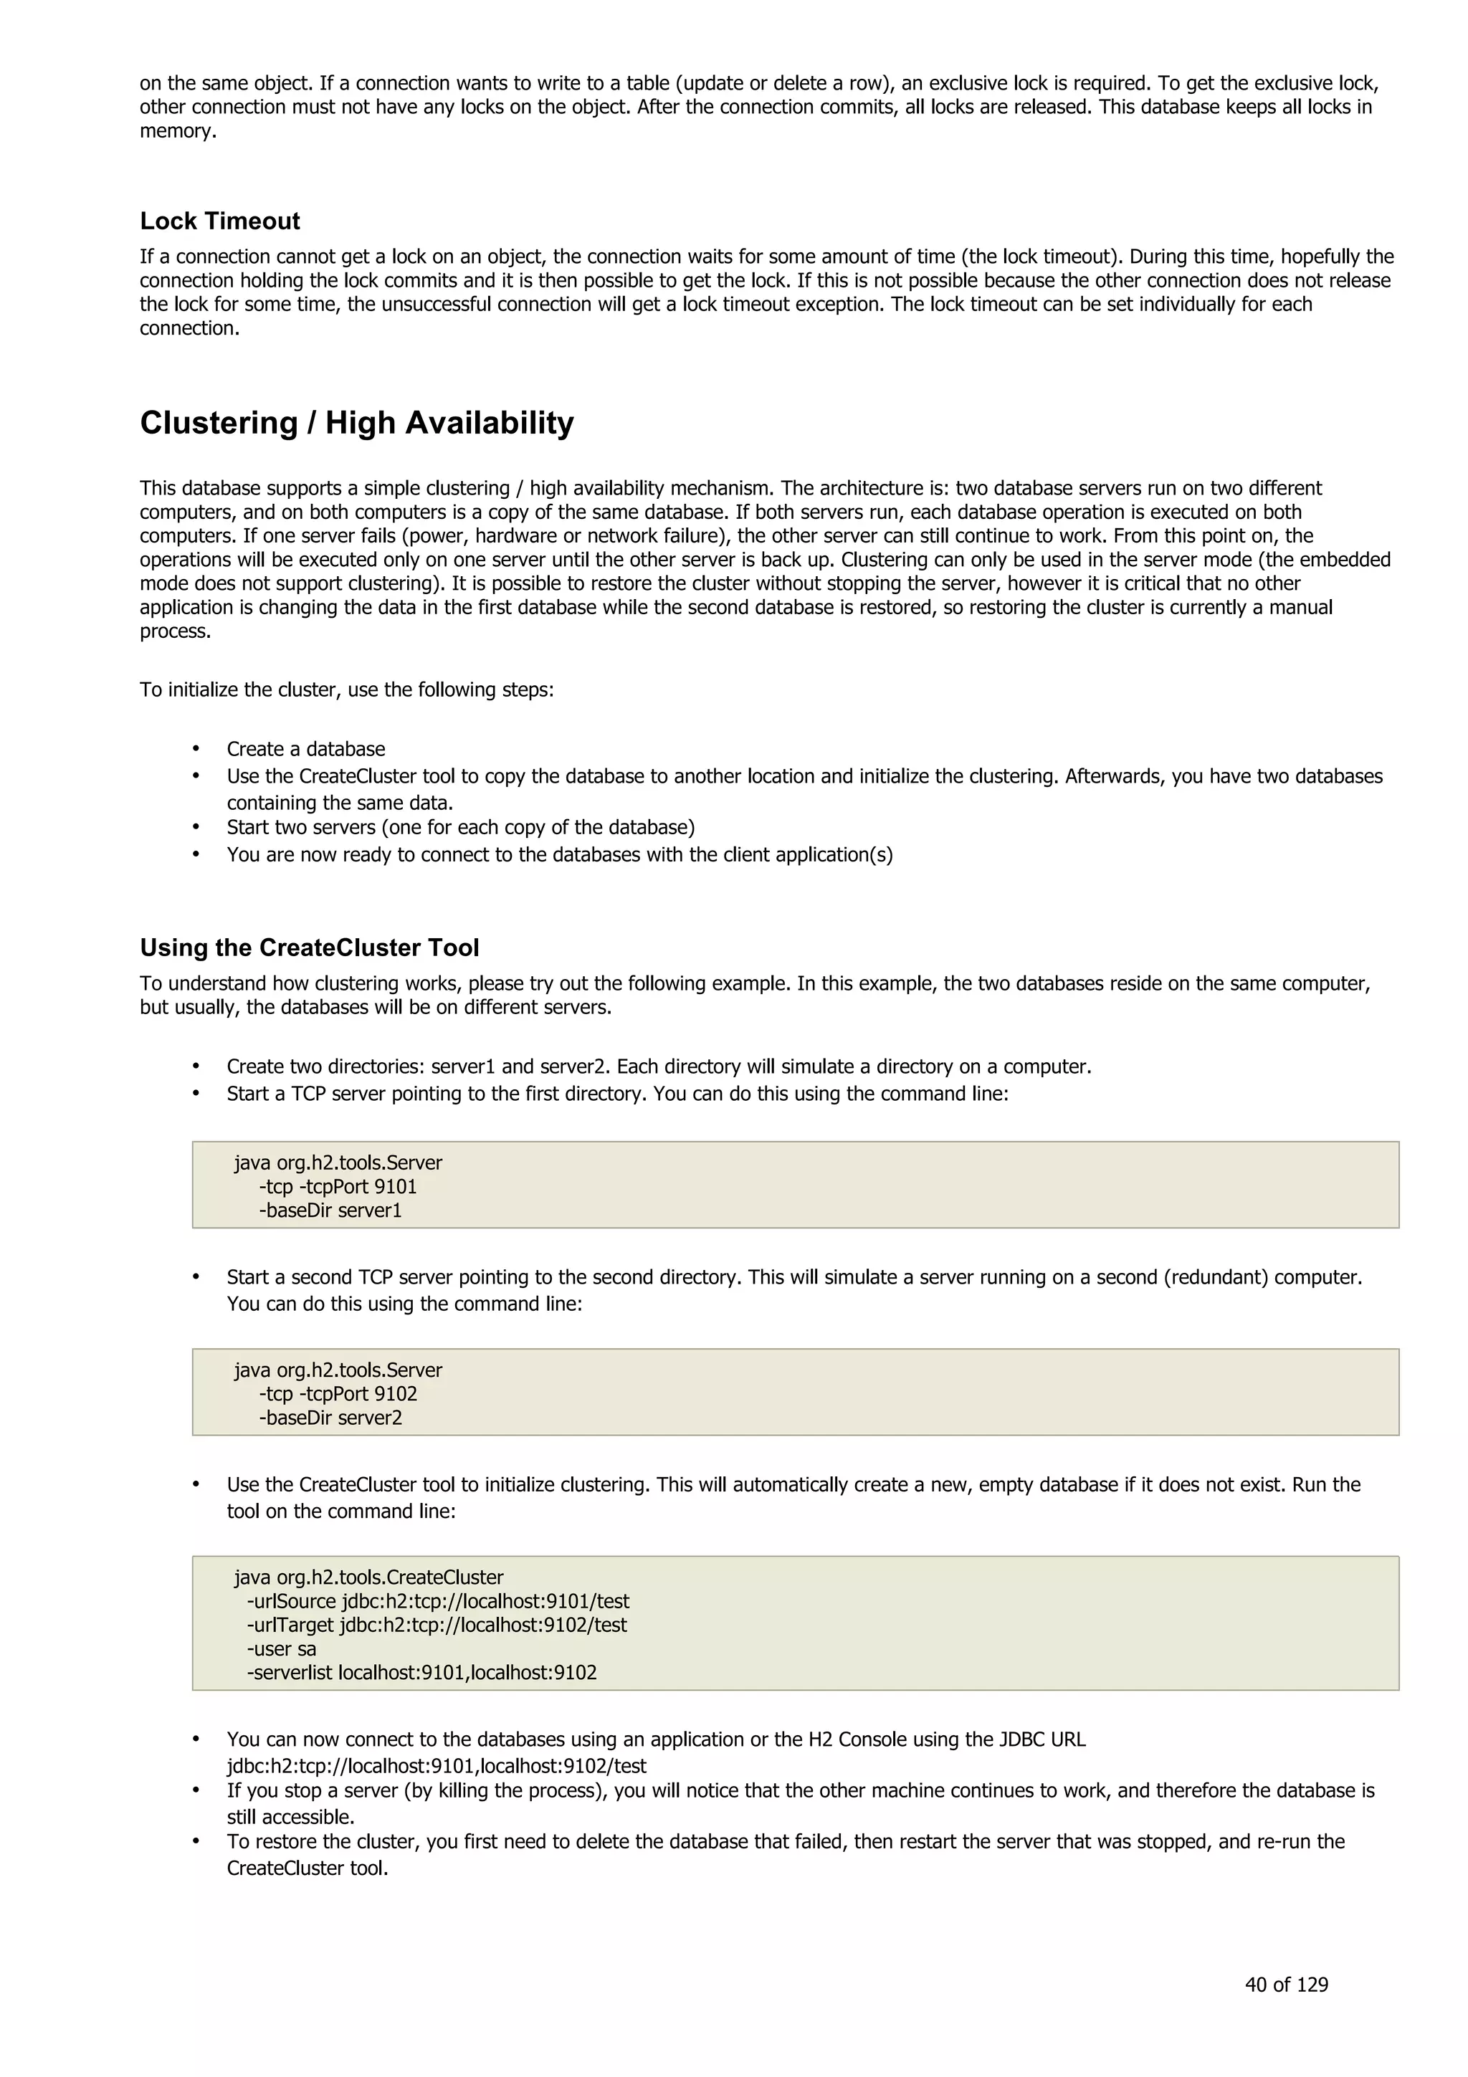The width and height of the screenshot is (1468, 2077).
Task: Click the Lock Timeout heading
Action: pyautogui.click(x=220, y=221)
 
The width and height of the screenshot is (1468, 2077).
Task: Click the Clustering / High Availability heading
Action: pyautogui.click(x=356, y=424)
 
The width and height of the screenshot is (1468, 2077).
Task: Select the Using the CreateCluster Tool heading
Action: pyautogui.click(x=310, y=948)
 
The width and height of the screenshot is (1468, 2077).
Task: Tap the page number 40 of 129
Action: pyautogui.click(x=1285, y=1985)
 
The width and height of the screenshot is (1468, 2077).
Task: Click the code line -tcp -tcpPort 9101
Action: pyautogui.click(x=338, y=1187)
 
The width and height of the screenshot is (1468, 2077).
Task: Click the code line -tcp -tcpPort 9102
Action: pyautogui.click(x=338, y=1394)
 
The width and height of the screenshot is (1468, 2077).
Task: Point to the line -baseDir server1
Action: pyautogui.click(x=330, y=1211)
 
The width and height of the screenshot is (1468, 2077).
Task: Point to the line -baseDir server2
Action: pyautogui.click(x=330, y=1418)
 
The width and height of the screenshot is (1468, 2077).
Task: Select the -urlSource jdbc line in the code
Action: pyautogui.click(x=438, y=1601)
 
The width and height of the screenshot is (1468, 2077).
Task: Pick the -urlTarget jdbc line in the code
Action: pyautogui.click(x=437, y=1625)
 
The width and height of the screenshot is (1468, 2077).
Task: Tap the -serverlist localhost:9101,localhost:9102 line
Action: pyautogui.click(x=421, y=1673)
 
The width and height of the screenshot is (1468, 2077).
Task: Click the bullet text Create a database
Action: pyautogui.click(x=306, y=749)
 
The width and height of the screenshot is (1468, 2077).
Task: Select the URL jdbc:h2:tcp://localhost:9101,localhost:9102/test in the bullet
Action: pyautogui.click(x=436, y=1766)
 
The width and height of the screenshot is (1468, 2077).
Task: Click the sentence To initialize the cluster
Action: pyautogui.click(x=346, y=690)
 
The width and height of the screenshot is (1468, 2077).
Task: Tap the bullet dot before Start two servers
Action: pyautogui.click(x=196, y=828)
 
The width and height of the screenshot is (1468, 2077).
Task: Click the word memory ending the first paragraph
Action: pyautogui.click(x=177, y=131)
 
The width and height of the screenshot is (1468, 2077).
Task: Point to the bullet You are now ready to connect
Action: pyautogui.click(x=559, y=855)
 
